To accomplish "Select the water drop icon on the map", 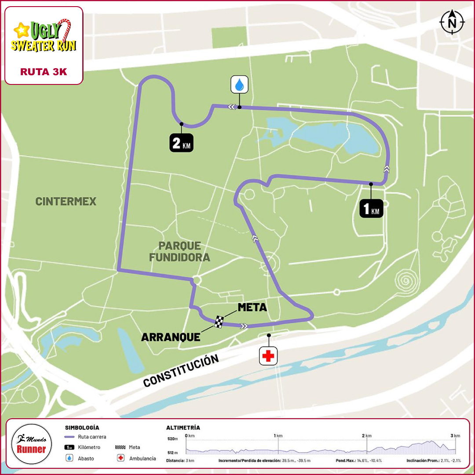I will tap(240, 84).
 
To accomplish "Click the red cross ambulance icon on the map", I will tap(268, 356).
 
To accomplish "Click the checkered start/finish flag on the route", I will tap(219, 322).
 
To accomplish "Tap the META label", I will tap(252, 307).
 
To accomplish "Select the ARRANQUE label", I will tap(171, 337).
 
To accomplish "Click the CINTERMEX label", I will tap(66, 201).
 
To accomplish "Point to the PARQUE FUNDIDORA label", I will tap(179, 251).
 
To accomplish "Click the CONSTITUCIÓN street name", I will tap(181, 371).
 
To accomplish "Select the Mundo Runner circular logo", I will tap(31, 445).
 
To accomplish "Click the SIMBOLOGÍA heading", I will tap(82, 427).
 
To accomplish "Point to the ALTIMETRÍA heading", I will tap(183, 427).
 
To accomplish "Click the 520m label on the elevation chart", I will tap(173, 439).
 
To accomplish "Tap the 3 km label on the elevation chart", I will tap(455, 435).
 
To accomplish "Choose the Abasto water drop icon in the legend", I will tap(69, 458).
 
